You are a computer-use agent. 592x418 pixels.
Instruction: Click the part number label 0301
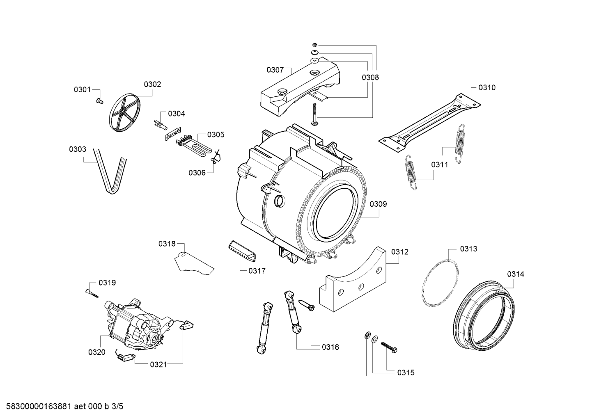tap(82, 90)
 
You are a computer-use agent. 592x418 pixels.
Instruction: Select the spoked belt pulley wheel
tap(124, 113)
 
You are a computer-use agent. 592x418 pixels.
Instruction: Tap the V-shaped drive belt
tap(110, 171)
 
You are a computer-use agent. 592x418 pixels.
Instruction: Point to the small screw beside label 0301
tap(99, 101)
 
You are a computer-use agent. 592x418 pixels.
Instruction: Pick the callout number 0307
tap(275, 70)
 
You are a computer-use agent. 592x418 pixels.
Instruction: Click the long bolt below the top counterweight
tap(314, 114)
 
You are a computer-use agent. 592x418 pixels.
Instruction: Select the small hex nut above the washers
tap(315, 45)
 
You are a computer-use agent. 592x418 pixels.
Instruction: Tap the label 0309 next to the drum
tap(378, 204)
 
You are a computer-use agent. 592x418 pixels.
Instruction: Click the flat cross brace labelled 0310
tap(429, 123)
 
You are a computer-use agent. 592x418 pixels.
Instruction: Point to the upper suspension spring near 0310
tap(460, 144)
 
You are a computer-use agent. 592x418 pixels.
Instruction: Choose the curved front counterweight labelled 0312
tap(353, 279)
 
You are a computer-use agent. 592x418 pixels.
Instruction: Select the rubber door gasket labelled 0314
tap(484, 316)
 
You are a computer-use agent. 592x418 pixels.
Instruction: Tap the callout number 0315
tap(406, 373)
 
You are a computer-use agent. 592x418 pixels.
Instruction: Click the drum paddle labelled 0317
tap(243, 251)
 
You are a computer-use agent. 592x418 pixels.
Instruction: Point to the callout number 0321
tap(158, 365)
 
